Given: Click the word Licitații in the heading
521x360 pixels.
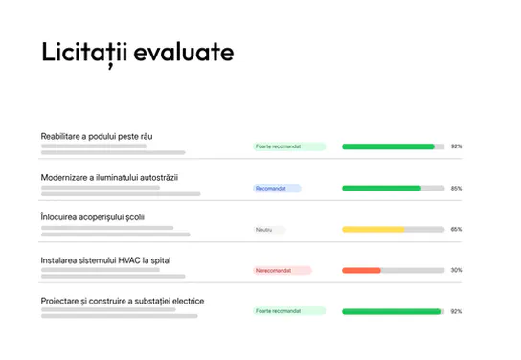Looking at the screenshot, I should tap(87, 53).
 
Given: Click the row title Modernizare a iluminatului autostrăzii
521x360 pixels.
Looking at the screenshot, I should tap(109, 177).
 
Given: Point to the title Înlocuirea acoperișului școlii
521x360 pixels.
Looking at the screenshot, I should tap(93, 217).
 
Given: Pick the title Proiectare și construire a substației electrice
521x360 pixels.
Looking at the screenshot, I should tap(123, 301).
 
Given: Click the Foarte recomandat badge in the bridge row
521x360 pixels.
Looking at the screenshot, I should tap(289, 146).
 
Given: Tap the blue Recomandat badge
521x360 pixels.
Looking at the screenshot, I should tap(277, 189).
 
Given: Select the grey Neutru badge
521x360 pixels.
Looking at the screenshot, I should tap(269, 230).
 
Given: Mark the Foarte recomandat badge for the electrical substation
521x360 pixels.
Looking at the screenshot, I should tap(289, 311).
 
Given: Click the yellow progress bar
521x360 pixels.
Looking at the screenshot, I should tap(374, 230).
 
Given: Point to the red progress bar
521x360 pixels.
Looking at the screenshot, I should tap(361, 271).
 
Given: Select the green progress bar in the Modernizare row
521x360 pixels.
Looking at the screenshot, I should tap(381, 189).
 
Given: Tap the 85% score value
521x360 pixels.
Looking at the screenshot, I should tap(456, 189).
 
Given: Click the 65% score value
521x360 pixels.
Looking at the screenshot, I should tap(456, 230).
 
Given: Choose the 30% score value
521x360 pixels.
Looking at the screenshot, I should tap(456, 271).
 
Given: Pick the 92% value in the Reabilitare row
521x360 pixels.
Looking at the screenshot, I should tap(456, 146).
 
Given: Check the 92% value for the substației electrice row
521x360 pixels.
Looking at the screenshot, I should tap(456, 311).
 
